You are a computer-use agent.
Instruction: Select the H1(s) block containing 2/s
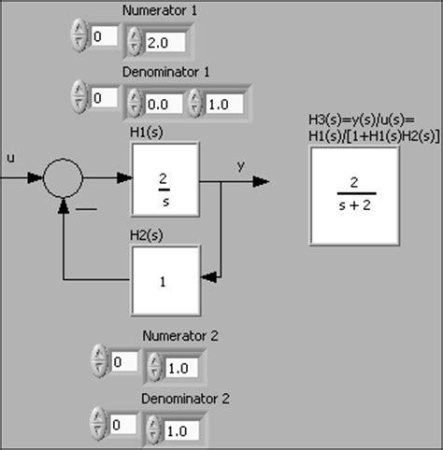pos(164,177)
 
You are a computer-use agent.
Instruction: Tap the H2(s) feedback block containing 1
pos(164,279)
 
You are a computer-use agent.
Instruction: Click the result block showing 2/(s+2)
pos(353,195)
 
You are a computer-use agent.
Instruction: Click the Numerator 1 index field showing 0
pos(104,36)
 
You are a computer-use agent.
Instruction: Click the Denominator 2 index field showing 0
pos(123,426)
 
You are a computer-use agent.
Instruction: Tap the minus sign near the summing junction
pos(85,208)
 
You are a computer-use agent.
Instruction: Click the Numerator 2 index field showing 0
pos(123,361)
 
